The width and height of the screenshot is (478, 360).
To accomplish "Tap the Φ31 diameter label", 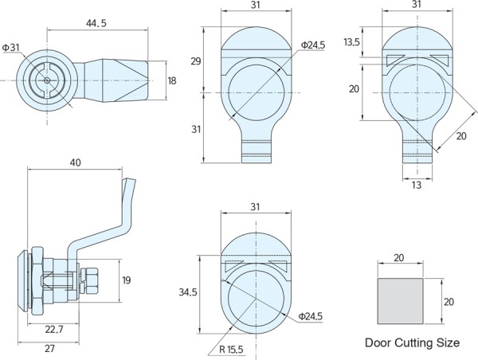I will [x=11, y=48].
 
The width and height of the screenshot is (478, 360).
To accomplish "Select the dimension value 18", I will [x=171, y=80].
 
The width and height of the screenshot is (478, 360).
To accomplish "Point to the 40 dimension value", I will [x=75, y=162].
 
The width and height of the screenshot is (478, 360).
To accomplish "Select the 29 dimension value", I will [x=196, y=61].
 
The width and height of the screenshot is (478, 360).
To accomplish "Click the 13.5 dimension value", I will [x=351, y=42].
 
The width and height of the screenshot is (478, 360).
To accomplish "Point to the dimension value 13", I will [x=417, y=186].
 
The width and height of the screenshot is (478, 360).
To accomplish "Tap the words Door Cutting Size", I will [x=412, y=343].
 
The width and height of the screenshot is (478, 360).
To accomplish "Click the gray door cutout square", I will [x=400, y=300].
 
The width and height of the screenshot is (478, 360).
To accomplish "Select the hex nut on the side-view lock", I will [x=89, y=280].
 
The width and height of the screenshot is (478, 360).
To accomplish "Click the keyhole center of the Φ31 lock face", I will [x=49, y=80].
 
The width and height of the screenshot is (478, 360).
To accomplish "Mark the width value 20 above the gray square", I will [x=399, y=257].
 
